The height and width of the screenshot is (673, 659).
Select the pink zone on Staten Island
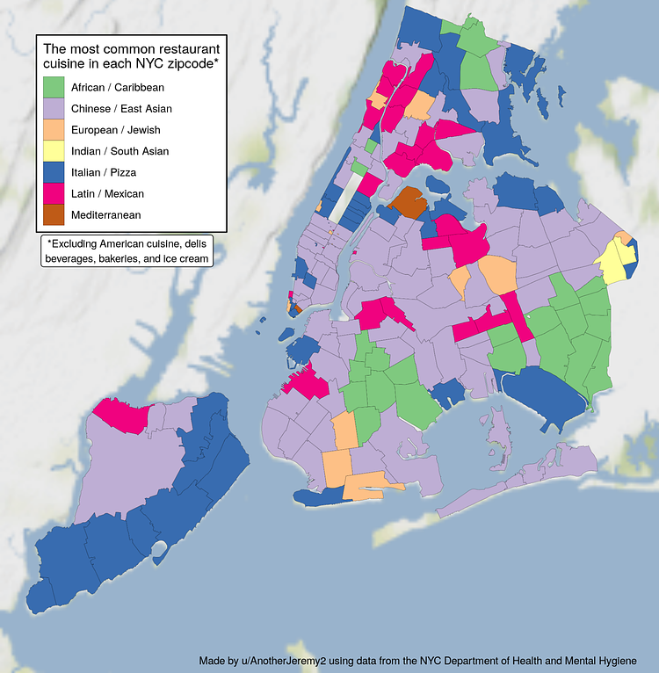pyautogui.click(x=120, y=413)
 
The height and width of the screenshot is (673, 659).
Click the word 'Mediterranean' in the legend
pyautogui.click(x=118, y=214)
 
